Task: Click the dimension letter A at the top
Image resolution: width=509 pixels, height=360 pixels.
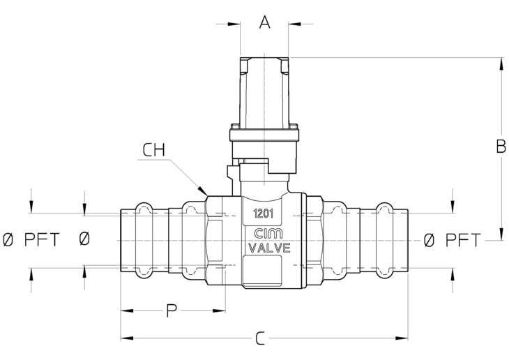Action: [265, 22]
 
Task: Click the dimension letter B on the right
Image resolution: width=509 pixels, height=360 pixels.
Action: [501, 147]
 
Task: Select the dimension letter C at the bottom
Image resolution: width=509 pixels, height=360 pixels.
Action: [260, 338]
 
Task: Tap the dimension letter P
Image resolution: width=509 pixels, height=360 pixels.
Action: [172, 310]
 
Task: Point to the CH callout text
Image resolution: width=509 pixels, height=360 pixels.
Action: [154, 150]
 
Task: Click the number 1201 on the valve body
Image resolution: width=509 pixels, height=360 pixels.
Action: [264, 213]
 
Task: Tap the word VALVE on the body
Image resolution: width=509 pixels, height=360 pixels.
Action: [269, 248]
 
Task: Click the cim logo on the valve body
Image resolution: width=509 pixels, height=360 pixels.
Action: [268, 234]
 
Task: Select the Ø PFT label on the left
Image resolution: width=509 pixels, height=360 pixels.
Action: [31, 240]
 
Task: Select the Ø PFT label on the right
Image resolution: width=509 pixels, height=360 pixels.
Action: [452, 240]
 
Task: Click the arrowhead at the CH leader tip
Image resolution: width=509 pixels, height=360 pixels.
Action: [203, 190]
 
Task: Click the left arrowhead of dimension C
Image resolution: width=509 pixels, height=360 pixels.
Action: [127, 338]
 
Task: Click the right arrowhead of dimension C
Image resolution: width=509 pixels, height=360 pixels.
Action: [402, 338]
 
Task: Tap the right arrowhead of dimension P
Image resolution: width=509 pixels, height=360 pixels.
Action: [219, 310]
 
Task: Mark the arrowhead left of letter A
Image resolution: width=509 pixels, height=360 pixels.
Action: [234, 24]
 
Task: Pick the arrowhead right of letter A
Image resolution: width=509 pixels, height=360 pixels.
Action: [295, 24]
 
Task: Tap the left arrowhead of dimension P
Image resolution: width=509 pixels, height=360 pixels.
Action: [127, 310]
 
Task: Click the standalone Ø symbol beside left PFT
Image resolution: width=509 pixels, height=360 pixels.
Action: [84, 239]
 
